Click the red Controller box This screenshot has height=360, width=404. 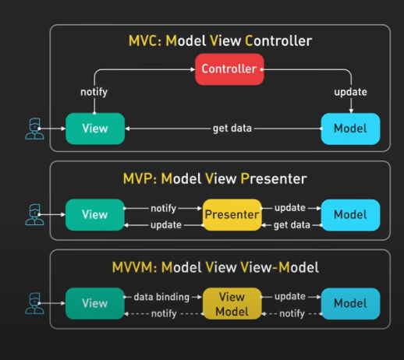[229, 69]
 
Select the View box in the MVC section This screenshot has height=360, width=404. [95, 129]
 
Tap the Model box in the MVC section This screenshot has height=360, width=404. [350, 129]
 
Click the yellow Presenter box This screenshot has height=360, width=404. [232, 215]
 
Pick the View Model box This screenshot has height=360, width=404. [232, 304]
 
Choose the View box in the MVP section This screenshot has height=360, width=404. [95, 215]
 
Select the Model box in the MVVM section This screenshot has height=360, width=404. [350, 304]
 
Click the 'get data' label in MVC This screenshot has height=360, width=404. [232, 129]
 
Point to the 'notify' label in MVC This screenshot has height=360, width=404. [94, 92]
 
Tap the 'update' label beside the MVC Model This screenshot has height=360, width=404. [350, 92]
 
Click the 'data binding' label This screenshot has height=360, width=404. [161, 297]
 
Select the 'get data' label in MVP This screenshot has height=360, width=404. [292, 225]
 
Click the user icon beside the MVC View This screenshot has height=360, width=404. [34, 129]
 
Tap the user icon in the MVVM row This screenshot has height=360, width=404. [34, 303]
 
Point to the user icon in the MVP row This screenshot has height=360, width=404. [34, 214]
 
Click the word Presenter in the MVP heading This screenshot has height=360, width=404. [274, 178]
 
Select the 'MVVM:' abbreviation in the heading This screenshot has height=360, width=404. [134, 267]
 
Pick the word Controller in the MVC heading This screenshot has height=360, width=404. [278, 41]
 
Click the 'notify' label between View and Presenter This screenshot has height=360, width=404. [164, 208]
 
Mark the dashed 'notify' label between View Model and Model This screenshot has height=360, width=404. [292, 314]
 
